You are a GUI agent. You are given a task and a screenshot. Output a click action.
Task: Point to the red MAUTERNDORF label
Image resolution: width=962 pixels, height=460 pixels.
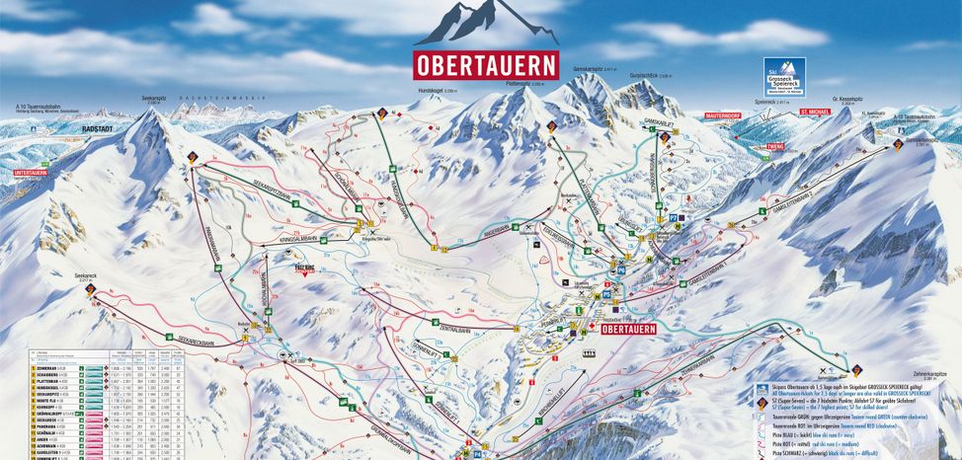723,115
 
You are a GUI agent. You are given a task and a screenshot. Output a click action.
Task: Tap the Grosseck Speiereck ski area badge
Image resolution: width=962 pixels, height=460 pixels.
785,76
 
